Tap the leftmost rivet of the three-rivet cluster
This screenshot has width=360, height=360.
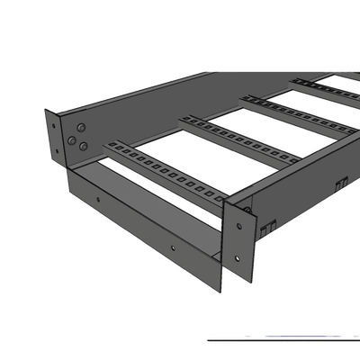coord(72,140)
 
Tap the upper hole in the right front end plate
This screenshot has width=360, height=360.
coord(242,212)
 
